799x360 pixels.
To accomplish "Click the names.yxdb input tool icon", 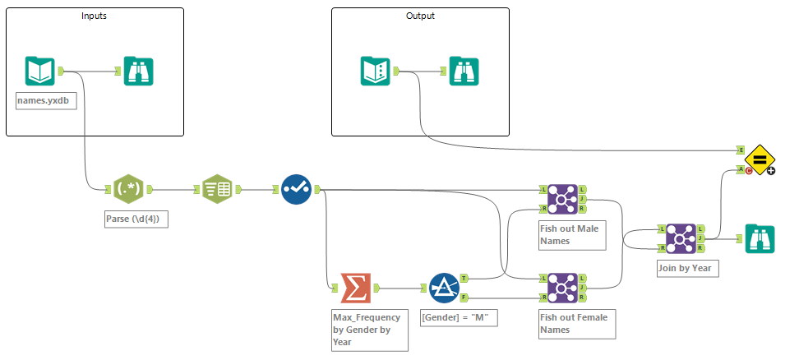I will click(x=40, y=71).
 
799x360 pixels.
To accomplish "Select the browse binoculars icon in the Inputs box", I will click(x=138, y=71).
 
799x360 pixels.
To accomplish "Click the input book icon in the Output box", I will click(x=376, y=71).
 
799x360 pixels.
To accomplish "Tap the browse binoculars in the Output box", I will click(x=464, y=71).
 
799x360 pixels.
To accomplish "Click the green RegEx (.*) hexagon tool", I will click(x=127, y=190).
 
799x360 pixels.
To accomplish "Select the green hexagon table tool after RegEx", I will click(x=217, y=190).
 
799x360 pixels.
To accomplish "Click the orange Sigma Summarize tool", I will click(x=354, y=288).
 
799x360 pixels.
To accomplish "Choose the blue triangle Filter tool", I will click(x=444, y=288).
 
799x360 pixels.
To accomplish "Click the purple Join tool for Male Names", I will click(x=563, y=198).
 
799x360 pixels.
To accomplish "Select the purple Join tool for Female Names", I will click(x=563, y=288).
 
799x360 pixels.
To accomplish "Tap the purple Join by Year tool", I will click(x=681, y=238).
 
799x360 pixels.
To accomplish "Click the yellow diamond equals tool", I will click(x=760, y=159).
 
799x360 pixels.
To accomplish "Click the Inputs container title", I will click(x=94, y=16).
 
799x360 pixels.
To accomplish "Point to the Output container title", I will click(x=420, y=16).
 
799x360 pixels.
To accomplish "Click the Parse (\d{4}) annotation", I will click(x=135, y=219).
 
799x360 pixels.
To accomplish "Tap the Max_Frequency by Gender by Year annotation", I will click(x=366, y=328).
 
